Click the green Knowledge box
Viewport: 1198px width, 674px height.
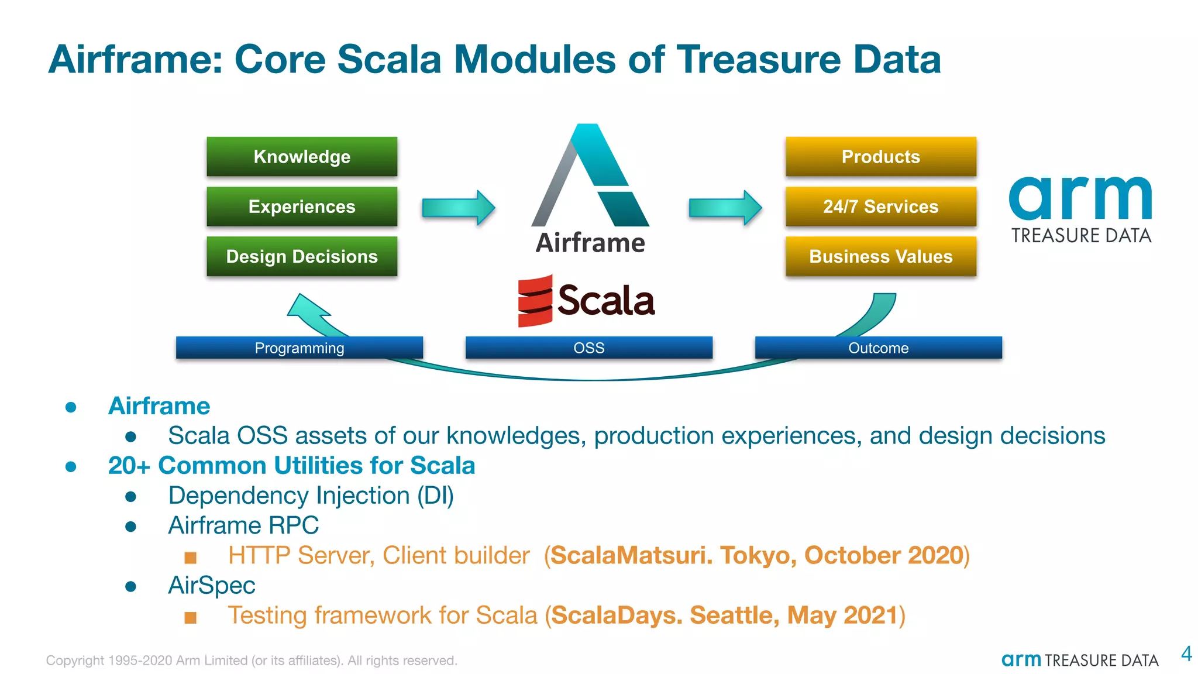302,156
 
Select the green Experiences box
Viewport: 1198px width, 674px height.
302,207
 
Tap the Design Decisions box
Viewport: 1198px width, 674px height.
302,256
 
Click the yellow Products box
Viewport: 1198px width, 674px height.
880,156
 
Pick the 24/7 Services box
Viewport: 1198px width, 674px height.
880,207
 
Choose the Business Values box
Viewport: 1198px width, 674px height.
880,256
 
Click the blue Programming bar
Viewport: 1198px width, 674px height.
299,348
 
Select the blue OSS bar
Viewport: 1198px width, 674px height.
588,348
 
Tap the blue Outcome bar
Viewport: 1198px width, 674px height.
878,348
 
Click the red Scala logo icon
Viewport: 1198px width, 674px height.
535,301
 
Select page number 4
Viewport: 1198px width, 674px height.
1186,654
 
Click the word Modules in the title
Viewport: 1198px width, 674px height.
535,59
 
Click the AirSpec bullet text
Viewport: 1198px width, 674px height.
212,585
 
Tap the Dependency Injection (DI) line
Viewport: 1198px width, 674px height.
311,496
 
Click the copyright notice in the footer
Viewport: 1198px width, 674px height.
252,661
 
